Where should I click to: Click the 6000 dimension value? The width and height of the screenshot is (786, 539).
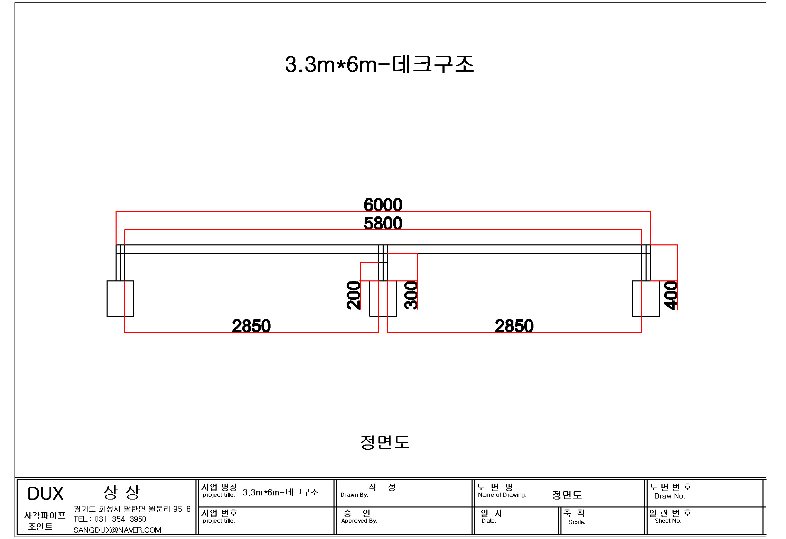tap(383, 205)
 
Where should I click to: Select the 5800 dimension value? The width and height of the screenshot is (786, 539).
tap(383, 223)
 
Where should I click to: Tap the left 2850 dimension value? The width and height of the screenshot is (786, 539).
tap(251, 326)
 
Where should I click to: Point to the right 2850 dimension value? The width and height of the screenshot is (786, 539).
tap(514, 326)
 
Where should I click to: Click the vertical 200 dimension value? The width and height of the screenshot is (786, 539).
tap(353, 295)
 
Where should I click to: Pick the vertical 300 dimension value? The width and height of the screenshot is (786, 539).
tap(411, 295)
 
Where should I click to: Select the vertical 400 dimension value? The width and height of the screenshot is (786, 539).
tap(670, 295)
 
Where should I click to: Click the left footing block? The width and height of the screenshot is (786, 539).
tap(120, 298)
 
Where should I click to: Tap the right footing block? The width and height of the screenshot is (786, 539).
tap(646, 298)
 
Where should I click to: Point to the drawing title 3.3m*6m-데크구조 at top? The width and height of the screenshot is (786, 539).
tap(379, 64)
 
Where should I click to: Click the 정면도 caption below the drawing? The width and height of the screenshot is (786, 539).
tap(385, 442)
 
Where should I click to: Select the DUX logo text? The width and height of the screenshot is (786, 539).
tap(45, 493)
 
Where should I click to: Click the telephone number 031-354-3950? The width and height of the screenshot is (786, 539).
tap(120, 519)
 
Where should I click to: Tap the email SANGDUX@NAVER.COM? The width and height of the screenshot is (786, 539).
tap(117, 530)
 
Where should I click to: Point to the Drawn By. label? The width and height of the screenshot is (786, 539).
tap(354, 495)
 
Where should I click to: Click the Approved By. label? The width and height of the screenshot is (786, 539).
tap(359, 521)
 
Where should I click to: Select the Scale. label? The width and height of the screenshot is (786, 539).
tap(577, 522)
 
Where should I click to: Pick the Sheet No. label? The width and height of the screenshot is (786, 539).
tap(668, 521)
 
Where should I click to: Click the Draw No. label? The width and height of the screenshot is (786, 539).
tap(669, 496)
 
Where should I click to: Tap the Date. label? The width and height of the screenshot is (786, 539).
tap(489, 521)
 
